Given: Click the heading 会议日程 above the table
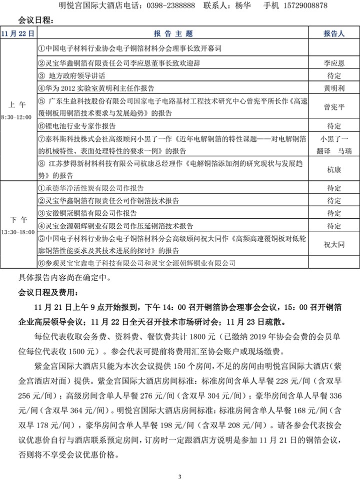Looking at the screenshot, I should coord(34,20).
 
